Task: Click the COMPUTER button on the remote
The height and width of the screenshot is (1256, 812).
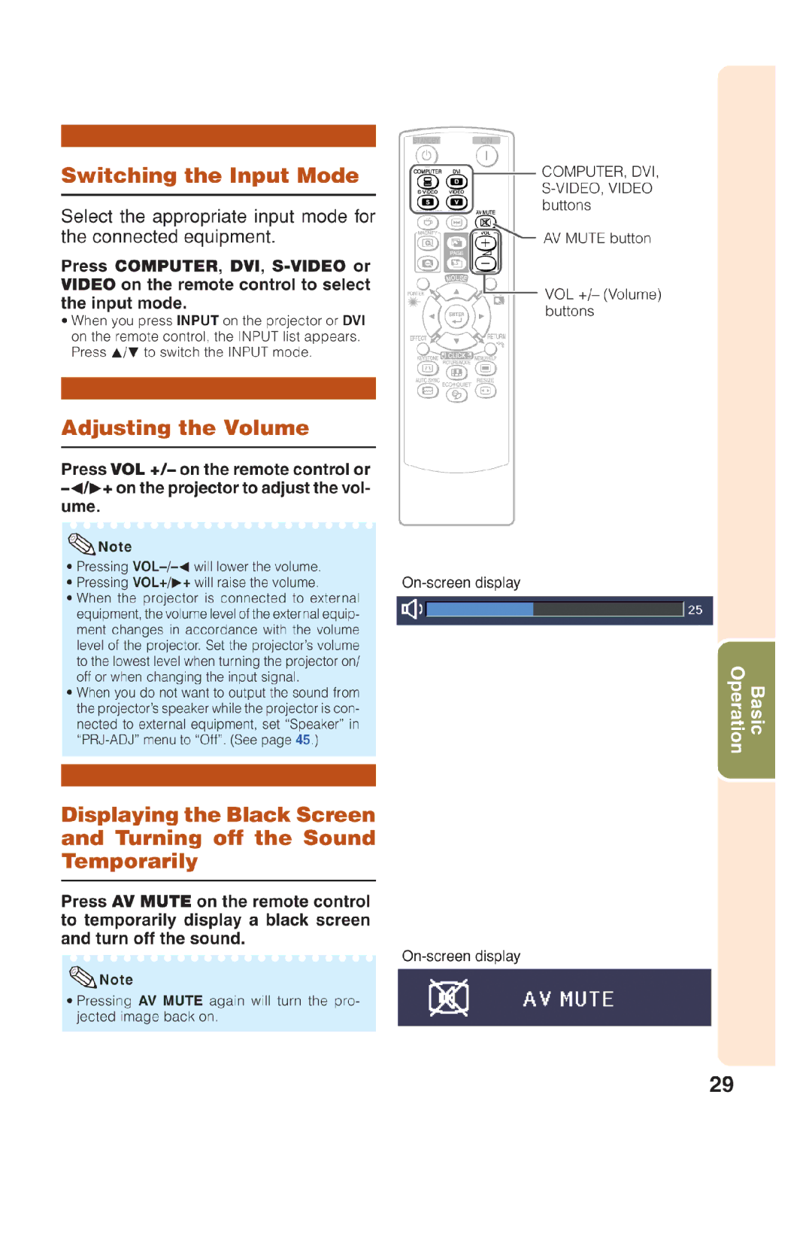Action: click(428, 181)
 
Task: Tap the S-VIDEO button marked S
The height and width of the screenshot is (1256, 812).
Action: click(428, 202)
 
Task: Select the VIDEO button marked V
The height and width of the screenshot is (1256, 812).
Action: click(456, 202)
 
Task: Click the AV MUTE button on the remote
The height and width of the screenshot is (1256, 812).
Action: click(486, 223)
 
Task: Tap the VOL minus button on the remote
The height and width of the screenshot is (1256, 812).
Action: click(486, 263)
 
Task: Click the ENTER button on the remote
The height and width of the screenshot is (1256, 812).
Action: click(456, 317)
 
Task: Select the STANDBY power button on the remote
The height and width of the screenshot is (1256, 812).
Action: click(426, 155)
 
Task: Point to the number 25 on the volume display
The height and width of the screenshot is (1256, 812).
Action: click(695, 610)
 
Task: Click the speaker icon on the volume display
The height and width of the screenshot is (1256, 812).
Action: click(411, 609)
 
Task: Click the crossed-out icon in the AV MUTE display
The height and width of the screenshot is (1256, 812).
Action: click(448, 998)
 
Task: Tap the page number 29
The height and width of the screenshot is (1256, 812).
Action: click(721, 1084)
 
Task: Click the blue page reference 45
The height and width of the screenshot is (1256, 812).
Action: click(302, 740)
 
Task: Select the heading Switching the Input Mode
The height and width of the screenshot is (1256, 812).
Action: click(210, 175)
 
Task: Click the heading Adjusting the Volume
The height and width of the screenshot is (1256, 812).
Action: click(185, 427)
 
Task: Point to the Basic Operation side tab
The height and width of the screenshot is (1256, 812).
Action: click(746, 710)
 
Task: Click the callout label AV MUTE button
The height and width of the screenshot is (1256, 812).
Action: click(597, 239)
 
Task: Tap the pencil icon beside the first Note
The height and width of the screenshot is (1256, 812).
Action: click(81, 543)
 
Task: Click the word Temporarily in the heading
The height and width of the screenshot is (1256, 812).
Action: click(129, 861)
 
